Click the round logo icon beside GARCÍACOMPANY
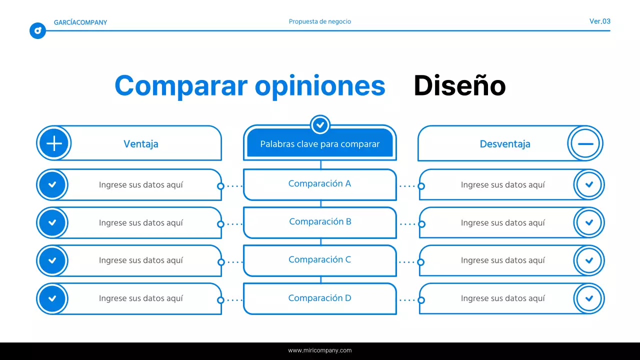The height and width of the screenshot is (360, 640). click(37, 31)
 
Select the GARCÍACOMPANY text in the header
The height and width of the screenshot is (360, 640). click(80, 22)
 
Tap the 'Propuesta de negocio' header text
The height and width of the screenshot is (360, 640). click(320, 21)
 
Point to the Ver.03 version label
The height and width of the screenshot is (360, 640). click(599, 21)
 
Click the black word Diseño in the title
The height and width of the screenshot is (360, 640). click(459, 86)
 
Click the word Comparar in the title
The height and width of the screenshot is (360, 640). click(180, 86)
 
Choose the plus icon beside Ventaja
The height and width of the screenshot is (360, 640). click(54, 143)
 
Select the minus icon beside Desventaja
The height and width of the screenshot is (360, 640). click(585, 143)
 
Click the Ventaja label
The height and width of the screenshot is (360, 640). click(141, 144)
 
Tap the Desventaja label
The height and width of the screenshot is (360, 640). click(505, 144)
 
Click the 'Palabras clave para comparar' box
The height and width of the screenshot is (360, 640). click(320, 144)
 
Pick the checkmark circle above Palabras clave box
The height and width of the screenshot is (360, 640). click(320, 124)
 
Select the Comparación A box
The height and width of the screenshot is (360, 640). click(320, 184)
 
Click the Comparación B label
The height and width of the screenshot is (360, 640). click(320, 221)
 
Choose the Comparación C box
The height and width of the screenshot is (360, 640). click(320, 260)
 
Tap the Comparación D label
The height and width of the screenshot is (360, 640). click(320, 298)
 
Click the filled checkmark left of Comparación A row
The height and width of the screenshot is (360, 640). click(52, 184)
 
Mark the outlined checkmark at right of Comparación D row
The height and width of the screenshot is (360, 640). click(589, 298)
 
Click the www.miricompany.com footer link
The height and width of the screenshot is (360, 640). click(320, 350)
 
